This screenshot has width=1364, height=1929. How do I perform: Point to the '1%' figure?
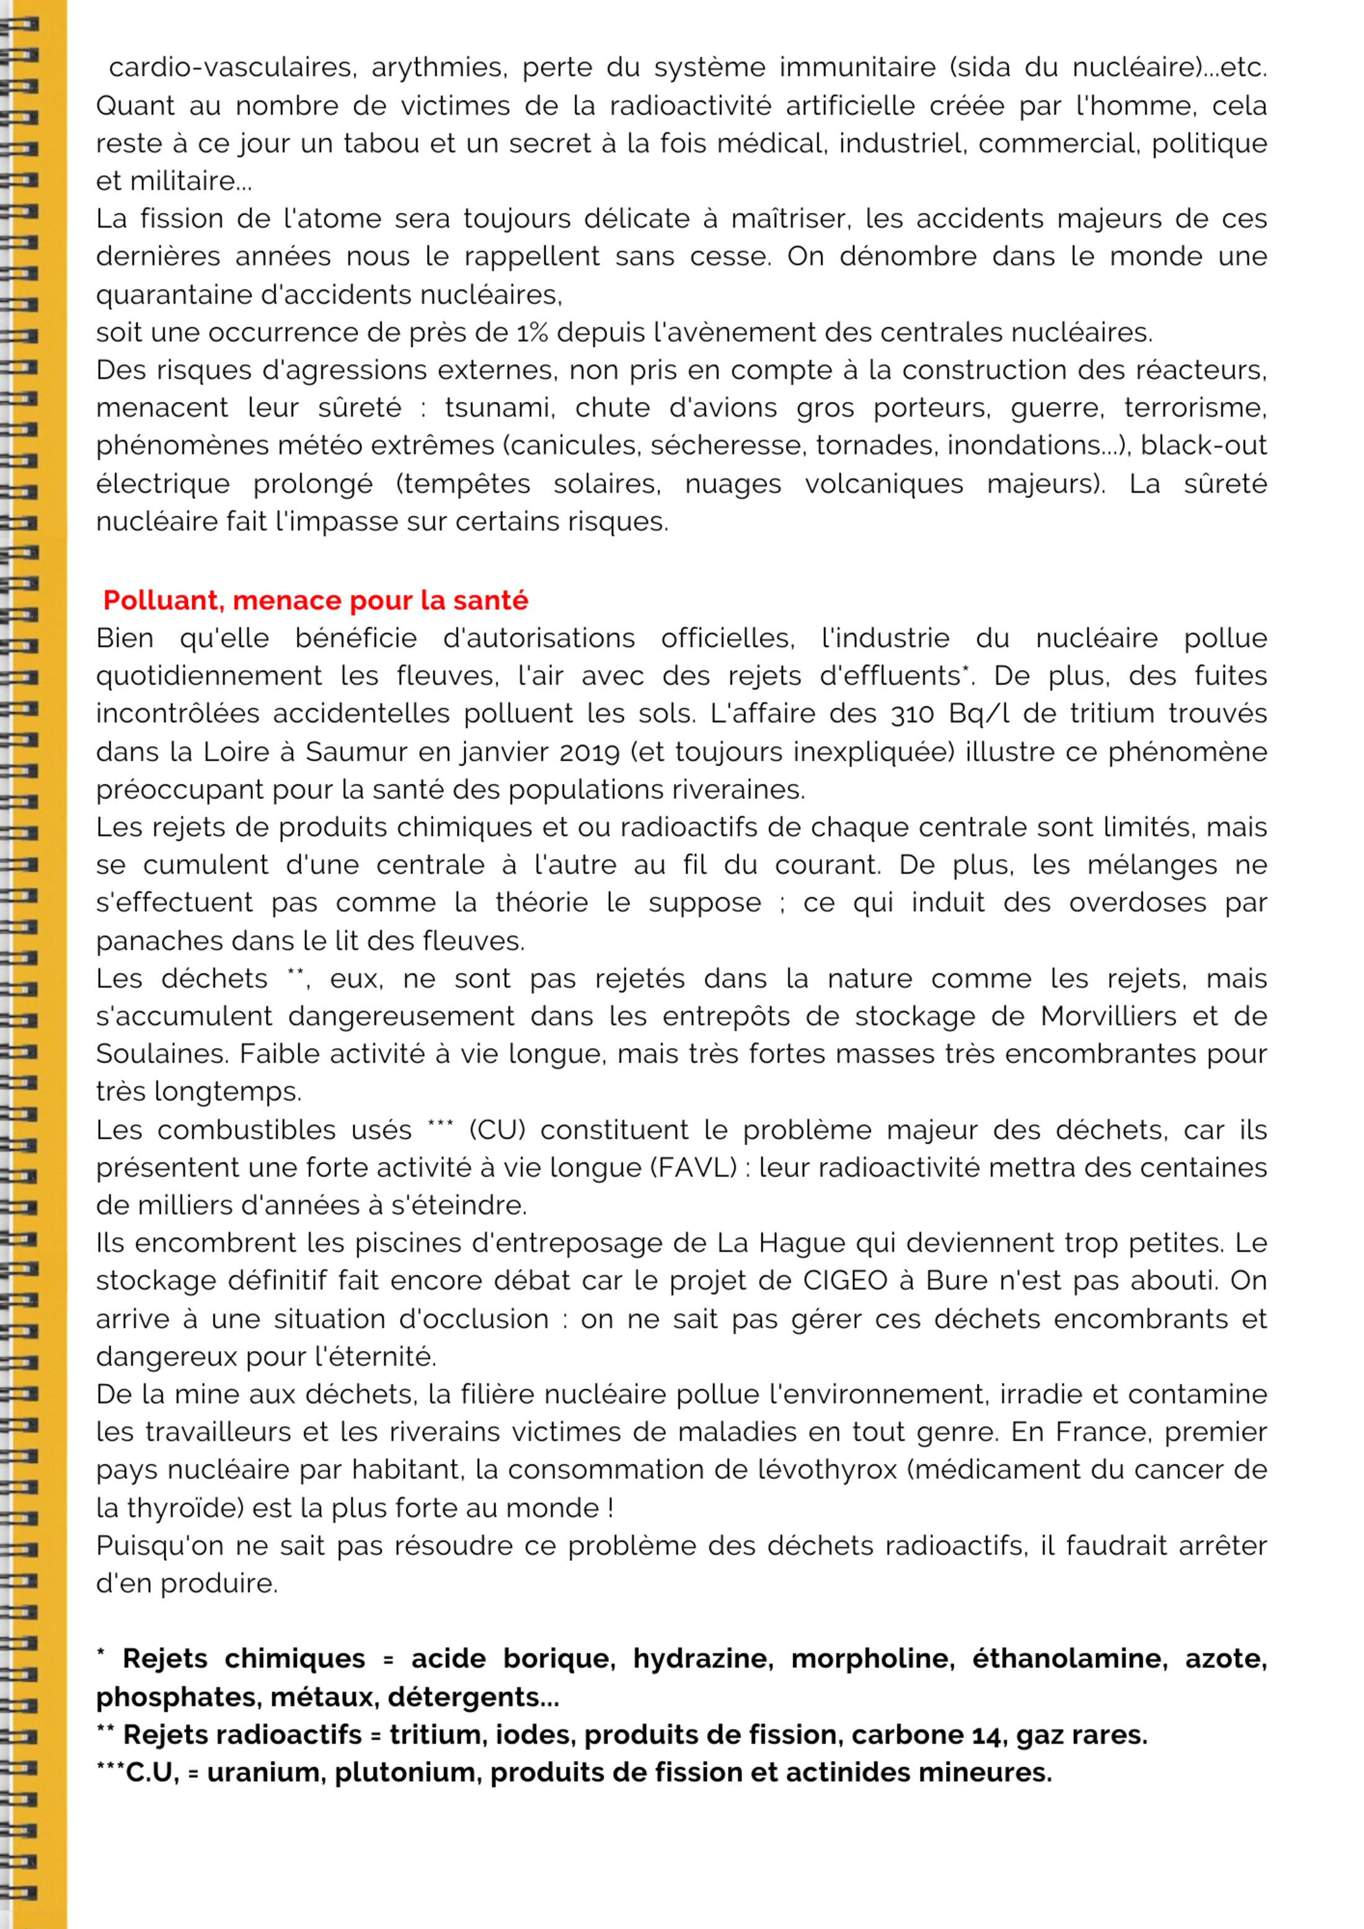click(x=532, y=333)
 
